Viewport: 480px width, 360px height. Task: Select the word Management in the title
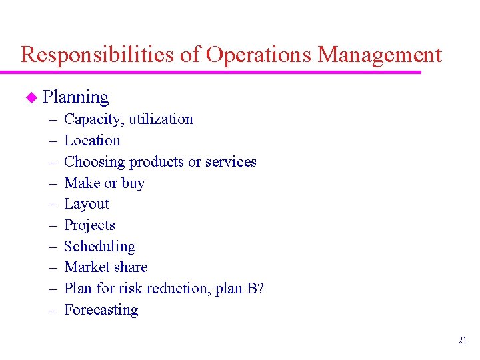point(380,55)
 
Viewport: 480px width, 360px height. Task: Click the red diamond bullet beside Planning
point(30,98)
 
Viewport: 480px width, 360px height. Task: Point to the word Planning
point(75,97)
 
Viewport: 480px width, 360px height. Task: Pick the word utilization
point(161,119)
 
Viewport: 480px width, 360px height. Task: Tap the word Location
point(92,141)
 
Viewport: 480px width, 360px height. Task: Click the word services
point(231,162)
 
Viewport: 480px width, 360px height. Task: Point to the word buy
point(133,183)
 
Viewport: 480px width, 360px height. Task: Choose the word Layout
point(87,204)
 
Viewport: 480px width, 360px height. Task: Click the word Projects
point(89,225)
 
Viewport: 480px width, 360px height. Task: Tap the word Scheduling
point(99,247)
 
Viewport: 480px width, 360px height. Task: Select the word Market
point(86,267)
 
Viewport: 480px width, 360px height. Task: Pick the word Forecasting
point(101,310)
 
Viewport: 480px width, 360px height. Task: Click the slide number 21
point(463,341)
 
